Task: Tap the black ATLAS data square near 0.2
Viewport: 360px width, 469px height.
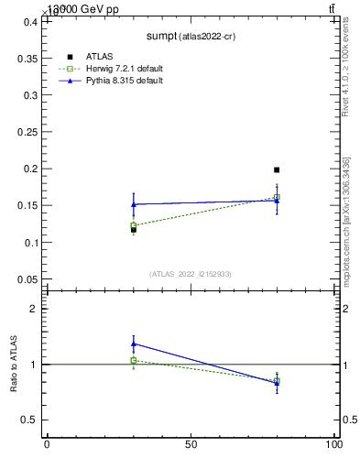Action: coord(277,169)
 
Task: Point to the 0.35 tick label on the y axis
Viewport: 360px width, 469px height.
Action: coord(27,58)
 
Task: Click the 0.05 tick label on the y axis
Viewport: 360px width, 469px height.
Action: coord(27,279)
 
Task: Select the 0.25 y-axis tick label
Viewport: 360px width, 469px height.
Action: coord(27,132)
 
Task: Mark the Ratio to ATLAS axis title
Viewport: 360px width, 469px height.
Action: coord(13,365)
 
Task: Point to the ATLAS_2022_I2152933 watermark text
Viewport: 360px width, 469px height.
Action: coord(191,274)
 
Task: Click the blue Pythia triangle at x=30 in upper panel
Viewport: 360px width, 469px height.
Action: coord(134,203)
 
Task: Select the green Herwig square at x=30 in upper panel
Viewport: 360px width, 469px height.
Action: coord(134,225)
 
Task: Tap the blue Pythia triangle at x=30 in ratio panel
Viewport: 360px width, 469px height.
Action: coord(134,344)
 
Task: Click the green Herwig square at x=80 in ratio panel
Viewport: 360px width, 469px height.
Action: coord(277,380)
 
